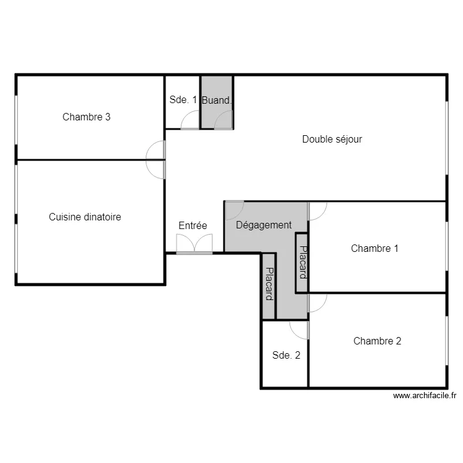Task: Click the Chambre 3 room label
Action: pos(86,117)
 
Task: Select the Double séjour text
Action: pos(332,139)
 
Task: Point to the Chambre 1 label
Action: pos(375,248)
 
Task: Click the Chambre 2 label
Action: pos(377,341)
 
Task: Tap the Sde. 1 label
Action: pos(183,100)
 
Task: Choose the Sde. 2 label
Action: pos(286,355)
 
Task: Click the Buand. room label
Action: pos(217,100)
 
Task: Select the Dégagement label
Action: pos(264,225)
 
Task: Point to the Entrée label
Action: pos(193,226)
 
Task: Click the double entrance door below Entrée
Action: pos(194,244)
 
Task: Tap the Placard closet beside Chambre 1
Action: pos(302,262)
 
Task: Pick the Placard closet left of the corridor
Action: pos(269,284)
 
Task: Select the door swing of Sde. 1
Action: pos(190,120)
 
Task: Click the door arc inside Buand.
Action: pos(223,120)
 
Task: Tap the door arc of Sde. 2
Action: pos(299,330)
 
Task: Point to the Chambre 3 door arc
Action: pos(156,150)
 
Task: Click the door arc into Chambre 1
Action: pos(317,212)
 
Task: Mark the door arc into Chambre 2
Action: pos(317,303)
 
